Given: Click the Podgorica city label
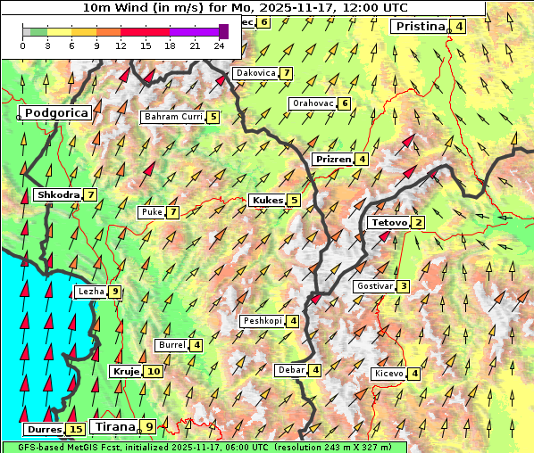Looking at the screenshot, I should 55,113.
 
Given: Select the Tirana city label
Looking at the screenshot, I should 113,426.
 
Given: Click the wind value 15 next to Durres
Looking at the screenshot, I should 76,430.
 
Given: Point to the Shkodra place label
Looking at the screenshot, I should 57,194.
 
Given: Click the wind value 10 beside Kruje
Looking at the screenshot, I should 154,371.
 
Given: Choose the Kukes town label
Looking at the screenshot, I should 267,200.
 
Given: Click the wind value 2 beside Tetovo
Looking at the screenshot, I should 418,222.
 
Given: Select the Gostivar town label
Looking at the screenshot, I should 373,286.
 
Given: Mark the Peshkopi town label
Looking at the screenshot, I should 263,320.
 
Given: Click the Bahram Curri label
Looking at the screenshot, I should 173,117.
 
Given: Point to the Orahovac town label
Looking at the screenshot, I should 313,103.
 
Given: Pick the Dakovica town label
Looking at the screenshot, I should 254,73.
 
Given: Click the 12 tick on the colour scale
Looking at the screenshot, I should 121,45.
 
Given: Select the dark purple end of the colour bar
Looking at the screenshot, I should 223,31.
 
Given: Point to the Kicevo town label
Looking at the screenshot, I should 389,374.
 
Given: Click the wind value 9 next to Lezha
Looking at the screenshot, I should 114,292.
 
